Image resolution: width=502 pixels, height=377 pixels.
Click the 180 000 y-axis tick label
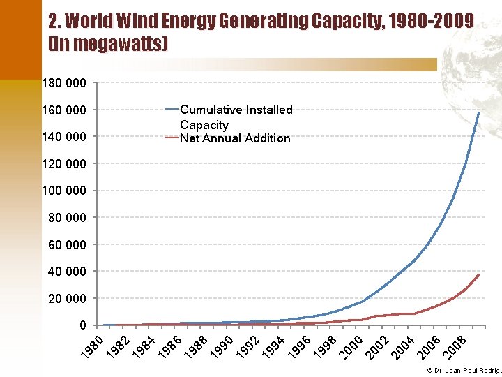coord(64,83)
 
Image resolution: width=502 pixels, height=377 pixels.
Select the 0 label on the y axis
coord(83,325)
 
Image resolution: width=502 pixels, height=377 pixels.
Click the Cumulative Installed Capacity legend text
coord(236,117)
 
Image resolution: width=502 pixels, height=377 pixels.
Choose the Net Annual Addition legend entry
coord(235,138)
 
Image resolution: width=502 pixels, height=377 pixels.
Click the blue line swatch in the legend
coord(172,110)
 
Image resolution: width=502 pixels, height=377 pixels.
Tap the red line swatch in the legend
coord(172,138)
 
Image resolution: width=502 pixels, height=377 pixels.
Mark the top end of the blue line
coord(479,112)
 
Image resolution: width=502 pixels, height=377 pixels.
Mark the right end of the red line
coord(479,274)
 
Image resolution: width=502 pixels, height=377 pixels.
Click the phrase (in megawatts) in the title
coord(108,45)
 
